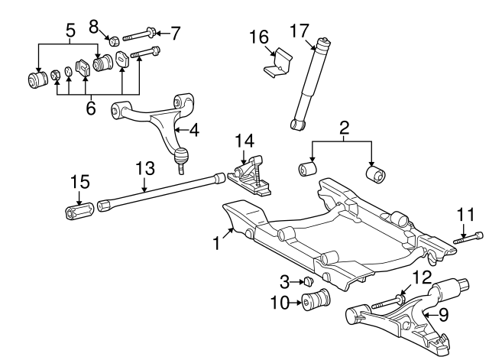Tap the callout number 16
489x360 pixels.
[x=259, y=37]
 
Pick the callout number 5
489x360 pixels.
[x=70, y=32]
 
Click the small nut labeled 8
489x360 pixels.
[x=112, y=40]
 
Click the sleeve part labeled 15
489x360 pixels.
[x=79, y=209]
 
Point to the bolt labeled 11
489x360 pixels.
[x=468, y=238]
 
